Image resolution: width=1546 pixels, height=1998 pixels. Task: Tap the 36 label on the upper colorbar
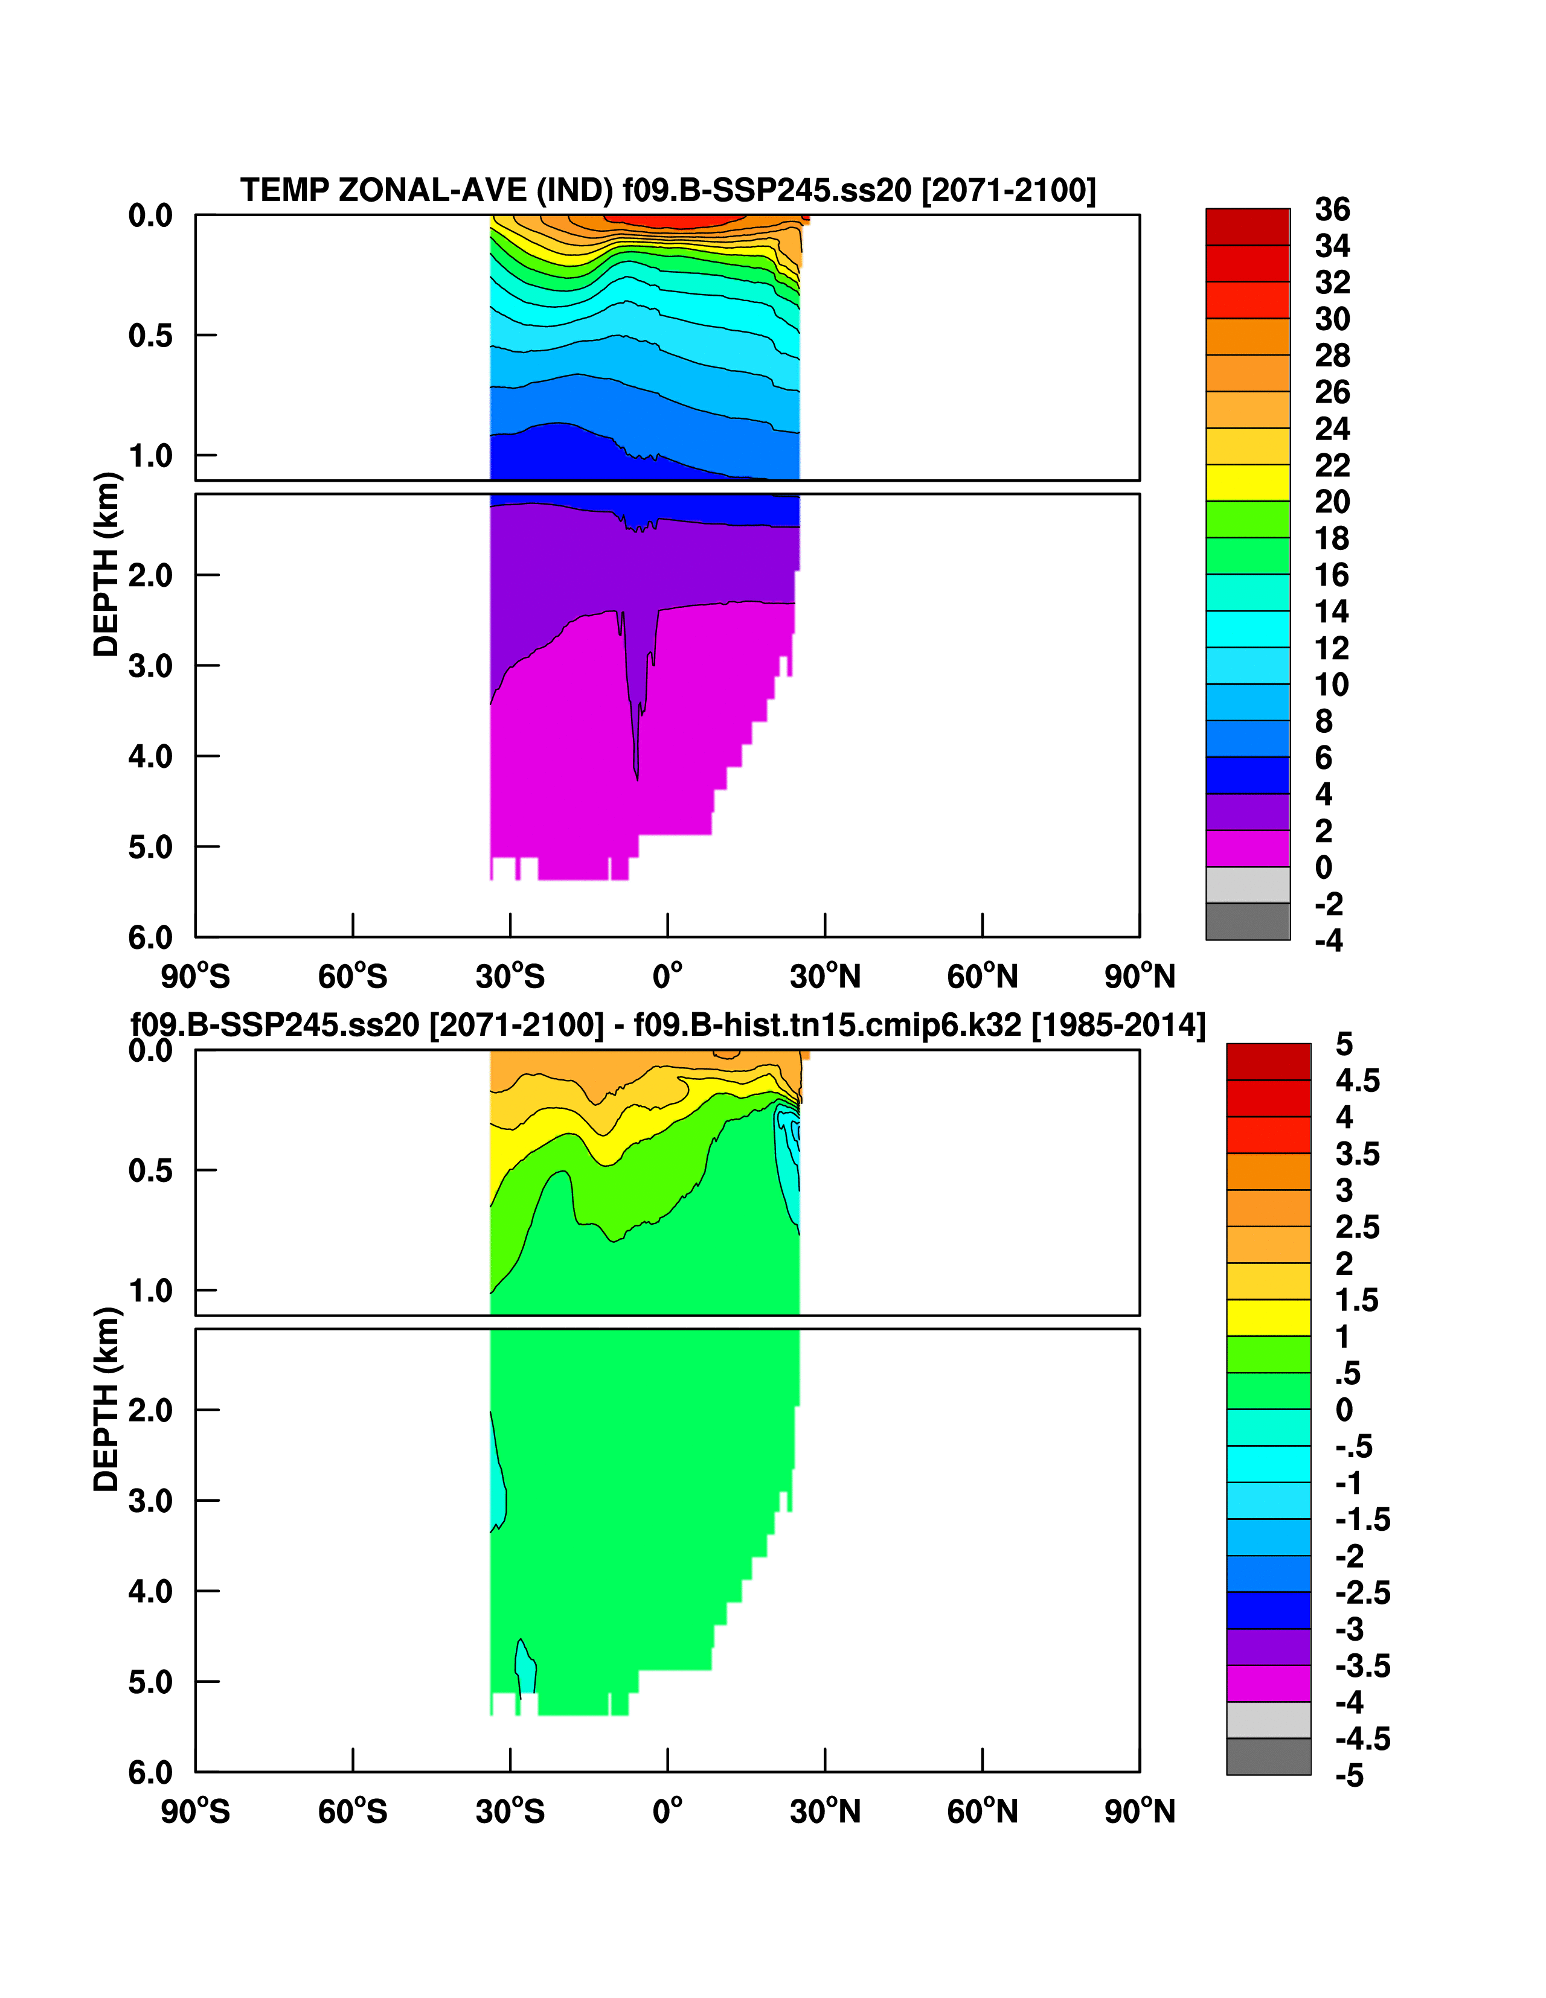(1332, 209)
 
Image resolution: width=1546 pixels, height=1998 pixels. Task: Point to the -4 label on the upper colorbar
(1329, 940)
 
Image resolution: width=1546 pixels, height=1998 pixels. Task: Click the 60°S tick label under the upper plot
(353, 977)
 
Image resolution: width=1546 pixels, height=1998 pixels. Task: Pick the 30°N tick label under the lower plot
(825, 1811)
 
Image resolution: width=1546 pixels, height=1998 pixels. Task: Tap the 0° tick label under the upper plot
(667, 977)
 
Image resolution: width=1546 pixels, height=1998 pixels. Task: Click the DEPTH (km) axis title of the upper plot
(106, 564)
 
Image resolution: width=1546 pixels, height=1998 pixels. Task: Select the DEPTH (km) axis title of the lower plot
(106, 1400)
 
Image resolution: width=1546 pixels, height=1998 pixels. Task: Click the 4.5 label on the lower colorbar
(1356, 1080)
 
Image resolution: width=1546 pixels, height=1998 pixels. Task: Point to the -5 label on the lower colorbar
(1349, 1776)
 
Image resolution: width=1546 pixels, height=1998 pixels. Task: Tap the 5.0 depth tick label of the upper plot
(150, 847)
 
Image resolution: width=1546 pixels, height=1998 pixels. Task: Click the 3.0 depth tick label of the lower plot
(150, 1501)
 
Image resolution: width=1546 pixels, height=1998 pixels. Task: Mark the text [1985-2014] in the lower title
(1118, 1024)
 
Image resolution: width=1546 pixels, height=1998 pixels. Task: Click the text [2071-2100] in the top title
(1008, 190)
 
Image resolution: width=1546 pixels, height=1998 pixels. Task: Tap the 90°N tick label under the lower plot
(1140, 1811)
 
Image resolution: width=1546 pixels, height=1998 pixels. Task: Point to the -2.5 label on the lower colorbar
(1362, 1593)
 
